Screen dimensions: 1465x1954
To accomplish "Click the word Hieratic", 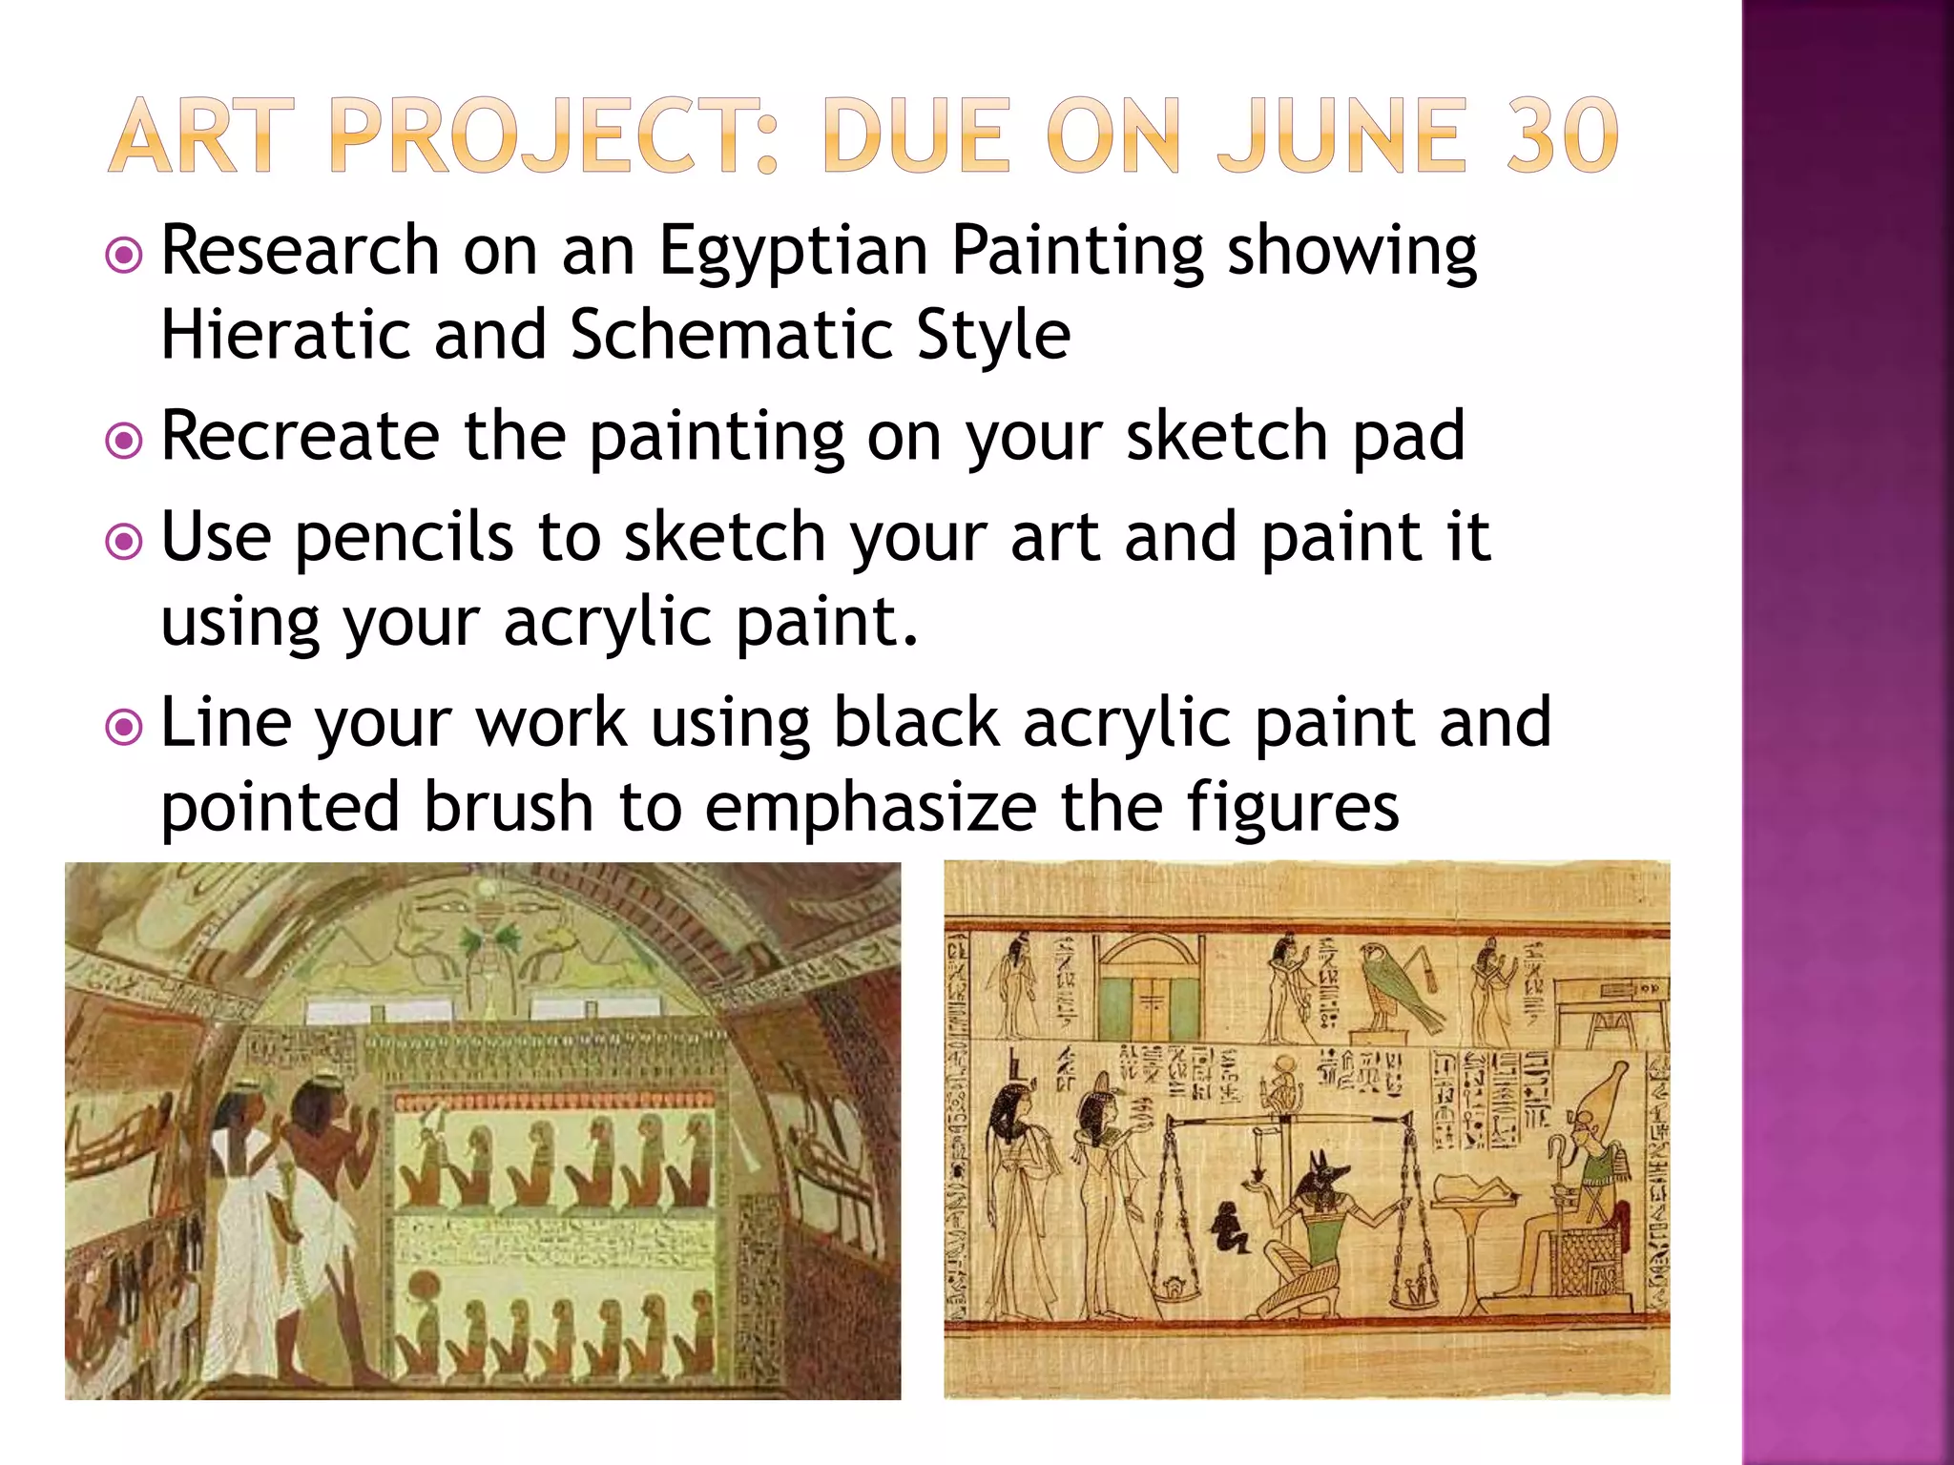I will (x=284, y=336).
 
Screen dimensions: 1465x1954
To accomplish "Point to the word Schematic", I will (x=731, y=336).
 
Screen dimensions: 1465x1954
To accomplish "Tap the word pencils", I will (x=404, y=537).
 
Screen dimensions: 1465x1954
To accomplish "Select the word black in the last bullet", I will (x=915, y=723).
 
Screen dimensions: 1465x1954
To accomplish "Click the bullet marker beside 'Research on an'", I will (x=124, y=256).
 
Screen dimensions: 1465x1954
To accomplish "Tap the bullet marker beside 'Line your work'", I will (x=124, y=729).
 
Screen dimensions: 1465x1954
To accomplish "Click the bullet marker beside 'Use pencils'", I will (x=124, y=543).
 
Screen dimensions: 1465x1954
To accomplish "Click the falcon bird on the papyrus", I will (x=1395, y=992).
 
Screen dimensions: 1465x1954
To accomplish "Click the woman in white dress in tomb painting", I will (x=243, y=1221).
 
